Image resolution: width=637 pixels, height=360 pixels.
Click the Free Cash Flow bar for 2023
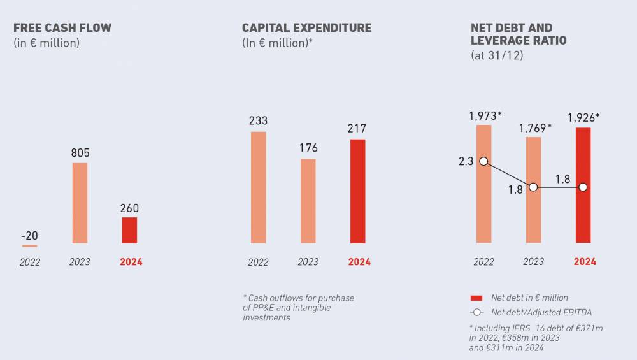[x=80, y=203]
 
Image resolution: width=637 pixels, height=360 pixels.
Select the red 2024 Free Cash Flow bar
[x=129, y=230]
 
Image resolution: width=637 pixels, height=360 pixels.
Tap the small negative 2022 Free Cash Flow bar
[x=29, y=245]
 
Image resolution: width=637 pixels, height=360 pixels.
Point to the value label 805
[x=80, y=153]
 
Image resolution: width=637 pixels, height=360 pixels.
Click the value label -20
[x=29, y=235]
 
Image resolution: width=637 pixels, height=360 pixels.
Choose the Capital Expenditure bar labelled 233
[x=258, y=187]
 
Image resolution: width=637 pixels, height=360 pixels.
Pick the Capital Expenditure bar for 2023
[x=308, y=201]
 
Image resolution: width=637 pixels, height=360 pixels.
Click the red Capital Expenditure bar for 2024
[x=358, y=191]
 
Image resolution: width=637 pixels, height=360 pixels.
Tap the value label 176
[x=308, y=148]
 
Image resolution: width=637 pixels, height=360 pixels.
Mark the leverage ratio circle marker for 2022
[x=483, y=161]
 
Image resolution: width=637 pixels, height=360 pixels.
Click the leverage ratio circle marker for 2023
[x=533, y=187]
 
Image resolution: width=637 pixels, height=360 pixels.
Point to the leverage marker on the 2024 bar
[x=583, y=187]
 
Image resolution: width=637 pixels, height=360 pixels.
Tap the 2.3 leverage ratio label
[x=466, y=162]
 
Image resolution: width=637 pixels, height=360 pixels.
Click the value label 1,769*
[x=534, y=127]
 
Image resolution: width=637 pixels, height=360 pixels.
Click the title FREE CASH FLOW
[x=62, y=28]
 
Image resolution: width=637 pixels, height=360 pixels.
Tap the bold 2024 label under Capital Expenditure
[x=359, y=262]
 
